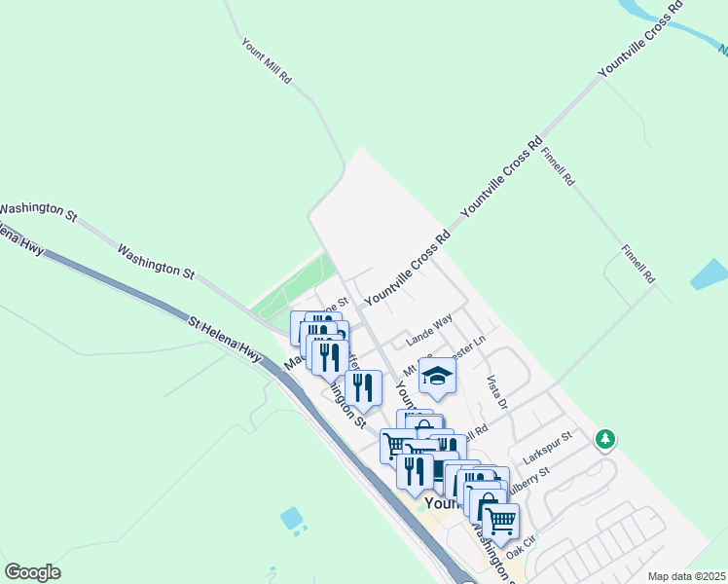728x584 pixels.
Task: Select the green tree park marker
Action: tap(605, 440)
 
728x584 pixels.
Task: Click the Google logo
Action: tap(32, 572)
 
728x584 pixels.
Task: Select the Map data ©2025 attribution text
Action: tap(686, 576)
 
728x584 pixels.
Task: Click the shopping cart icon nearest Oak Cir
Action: tap(500, 521)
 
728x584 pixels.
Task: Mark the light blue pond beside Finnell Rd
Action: tap(709, 274)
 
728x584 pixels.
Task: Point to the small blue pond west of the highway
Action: tap(291, 518)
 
